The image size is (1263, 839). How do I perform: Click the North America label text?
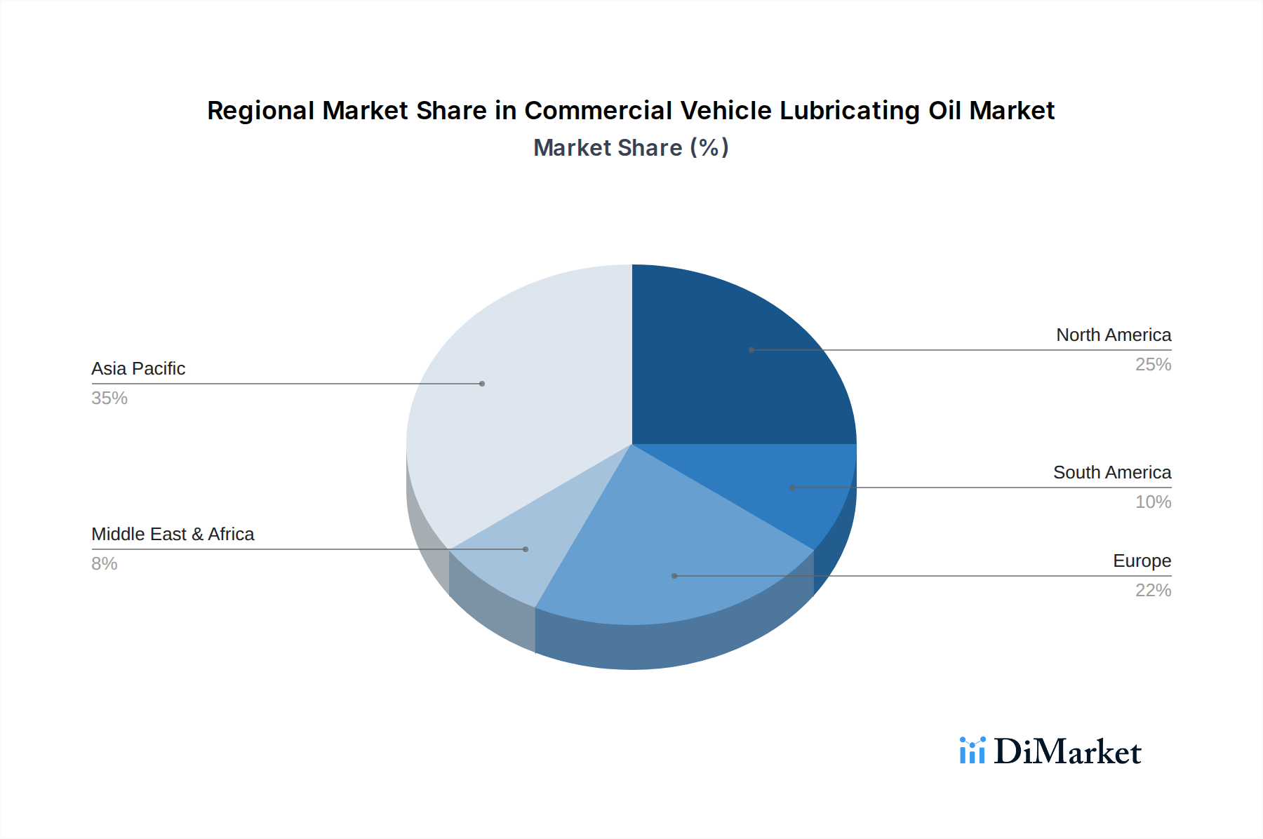click(x=1114, y=335)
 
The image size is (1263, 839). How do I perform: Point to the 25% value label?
click(x=1153, y=365)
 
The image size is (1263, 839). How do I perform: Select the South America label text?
click(x=1112, y=473)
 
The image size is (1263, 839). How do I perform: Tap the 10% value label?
click(x=1153, y=502)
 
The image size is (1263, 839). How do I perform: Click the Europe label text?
click(x=1142, y=561)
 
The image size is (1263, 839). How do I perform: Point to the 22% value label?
click(x=1153, y=591)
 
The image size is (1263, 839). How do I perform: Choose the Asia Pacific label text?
click(x=138, y=369)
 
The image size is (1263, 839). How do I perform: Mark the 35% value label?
click(x=109, y=398)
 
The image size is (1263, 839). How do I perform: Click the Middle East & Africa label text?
click(x=173, y=535)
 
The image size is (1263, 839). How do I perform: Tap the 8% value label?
click(x=105, y=564)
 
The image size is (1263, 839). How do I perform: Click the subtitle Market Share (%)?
click(x=631, y=148)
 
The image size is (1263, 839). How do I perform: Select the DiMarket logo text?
click(x=1067, y=752)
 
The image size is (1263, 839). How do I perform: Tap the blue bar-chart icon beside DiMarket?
click(x=972, y=751)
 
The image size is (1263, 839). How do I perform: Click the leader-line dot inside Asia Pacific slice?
click(x=482, y=384)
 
